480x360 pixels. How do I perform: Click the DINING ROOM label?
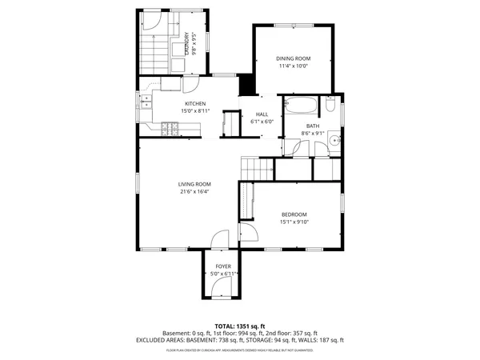click(x=293, y=58)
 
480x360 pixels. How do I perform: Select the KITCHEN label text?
click(x=195, y=104)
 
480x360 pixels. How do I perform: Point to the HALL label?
click(x=262, y=114)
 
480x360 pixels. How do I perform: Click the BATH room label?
click(x=310, y=126)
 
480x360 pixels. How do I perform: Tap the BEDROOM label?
click(x=294, y=214)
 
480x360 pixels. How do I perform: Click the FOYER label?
click(x=223, y=266)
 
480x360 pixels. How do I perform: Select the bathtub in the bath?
click(x=302, y=105)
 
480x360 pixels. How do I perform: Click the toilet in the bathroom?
click(x=330, y=106)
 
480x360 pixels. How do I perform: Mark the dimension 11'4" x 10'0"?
click(x=293, y=66)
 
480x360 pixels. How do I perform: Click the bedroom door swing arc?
click(x=249, y=231)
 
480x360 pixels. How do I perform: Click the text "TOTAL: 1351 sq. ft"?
click(x=240, y=326)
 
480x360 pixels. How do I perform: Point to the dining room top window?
click(x=293, y=25)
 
